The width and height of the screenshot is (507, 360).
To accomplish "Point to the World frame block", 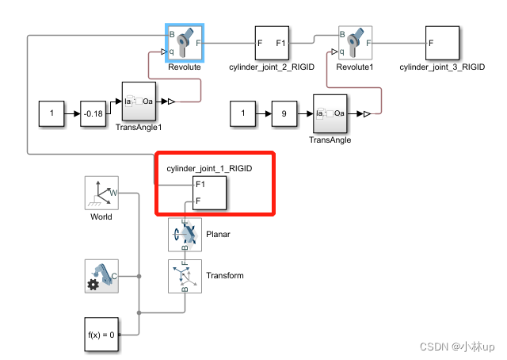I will coord(101,192).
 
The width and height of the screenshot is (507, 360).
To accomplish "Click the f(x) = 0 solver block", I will coord(101,334).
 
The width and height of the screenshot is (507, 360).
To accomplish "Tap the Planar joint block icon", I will coord(185,235).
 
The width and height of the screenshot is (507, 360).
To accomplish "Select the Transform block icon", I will coord(185,276).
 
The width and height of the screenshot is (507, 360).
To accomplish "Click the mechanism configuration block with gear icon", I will coord(101,276).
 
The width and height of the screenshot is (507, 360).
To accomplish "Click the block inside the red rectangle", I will coord(209,193).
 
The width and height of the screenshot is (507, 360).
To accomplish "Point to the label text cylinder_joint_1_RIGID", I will coord(215,168).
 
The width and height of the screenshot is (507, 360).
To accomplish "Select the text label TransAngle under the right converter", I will coord(330,140).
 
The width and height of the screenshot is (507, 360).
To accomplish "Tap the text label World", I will coord(101,216).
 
